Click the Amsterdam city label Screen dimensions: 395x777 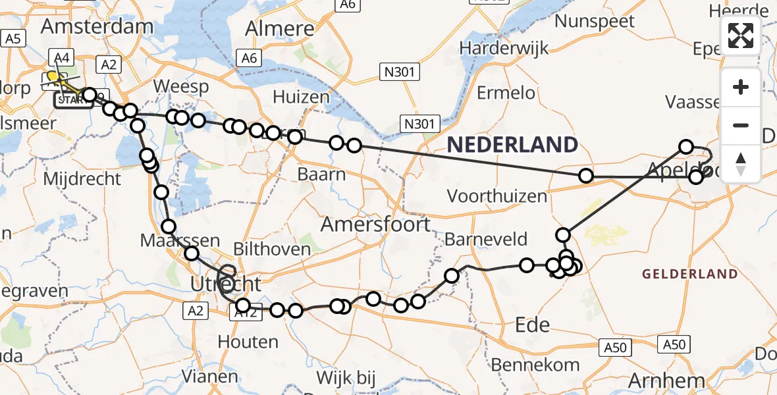click(97, 27)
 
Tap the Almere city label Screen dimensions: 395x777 click(280, 28)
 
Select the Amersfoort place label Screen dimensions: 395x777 click(375, 224)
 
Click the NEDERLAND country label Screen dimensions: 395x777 click(512, 145)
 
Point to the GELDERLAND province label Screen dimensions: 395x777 click(689, 274)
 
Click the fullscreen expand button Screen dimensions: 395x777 click(741, 36)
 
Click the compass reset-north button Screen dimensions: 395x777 click(741, 163)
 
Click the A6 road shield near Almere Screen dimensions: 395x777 click(249, 58)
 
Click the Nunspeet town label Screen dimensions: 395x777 click(595, 21)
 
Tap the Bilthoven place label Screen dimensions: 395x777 click(272, 250)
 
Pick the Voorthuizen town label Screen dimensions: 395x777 click(496, 196)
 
